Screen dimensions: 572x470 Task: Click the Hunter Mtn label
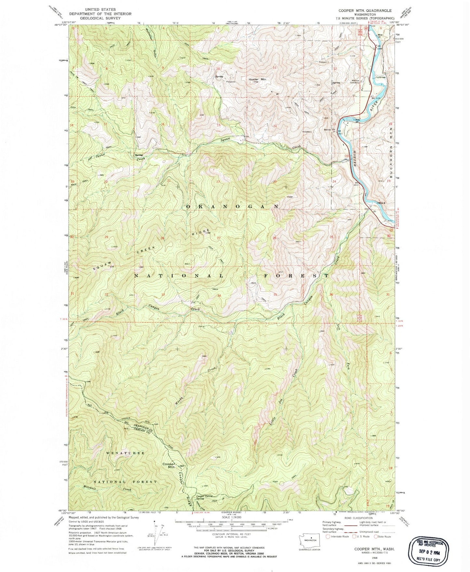[257, 79]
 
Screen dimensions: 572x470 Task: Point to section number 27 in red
[218, 238]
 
